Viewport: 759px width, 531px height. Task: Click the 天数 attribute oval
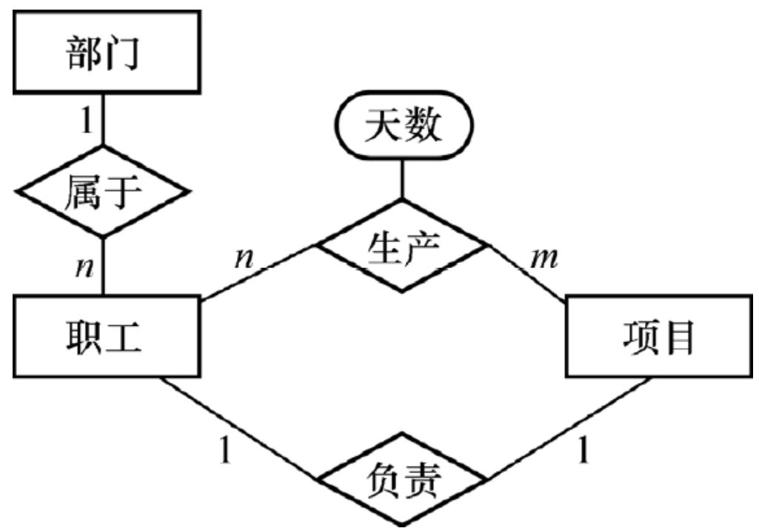pos(402,128)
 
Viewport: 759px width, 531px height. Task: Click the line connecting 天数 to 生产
pos(402,178)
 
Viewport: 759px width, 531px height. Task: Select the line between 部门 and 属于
pos(102,130)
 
